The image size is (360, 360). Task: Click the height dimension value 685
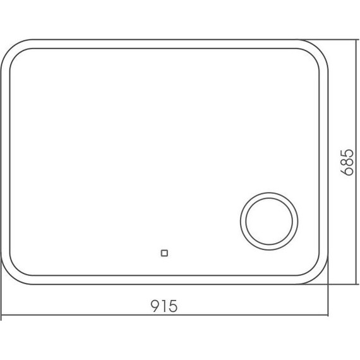(346, 164)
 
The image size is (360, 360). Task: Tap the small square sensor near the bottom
(165, 254)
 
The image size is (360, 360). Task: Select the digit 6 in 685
(346, 172)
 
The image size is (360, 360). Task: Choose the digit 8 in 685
(346, 164)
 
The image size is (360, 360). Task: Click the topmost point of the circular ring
(268, 194)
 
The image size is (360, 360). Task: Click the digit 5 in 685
(346, 154)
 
